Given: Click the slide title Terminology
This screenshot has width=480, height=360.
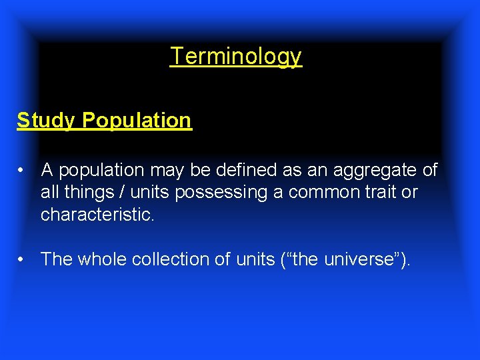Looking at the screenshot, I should tap(236, 56).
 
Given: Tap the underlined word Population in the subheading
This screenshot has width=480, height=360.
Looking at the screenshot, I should tap(137, 121).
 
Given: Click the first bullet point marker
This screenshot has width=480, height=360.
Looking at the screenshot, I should tap(23, 171).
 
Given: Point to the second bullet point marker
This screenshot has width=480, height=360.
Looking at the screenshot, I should tap(23, 259).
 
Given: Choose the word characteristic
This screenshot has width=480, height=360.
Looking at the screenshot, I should tap(97, 215).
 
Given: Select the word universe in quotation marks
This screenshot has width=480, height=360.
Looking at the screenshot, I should tap(359, 259).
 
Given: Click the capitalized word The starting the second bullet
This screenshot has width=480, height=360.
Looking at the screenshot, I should tap(57, 259).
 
